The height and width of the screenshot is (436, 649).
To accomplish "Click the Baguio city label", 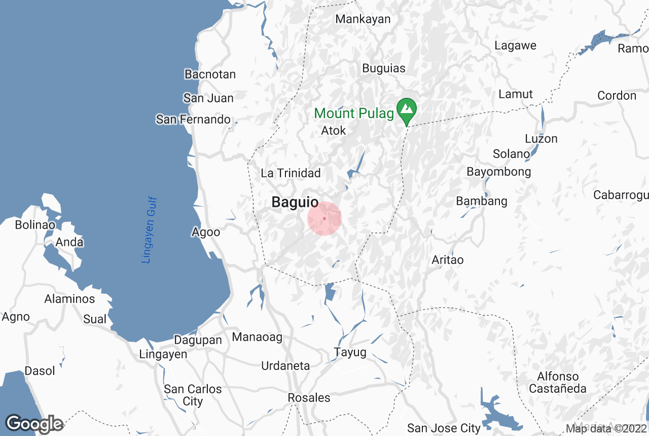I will [295, 202].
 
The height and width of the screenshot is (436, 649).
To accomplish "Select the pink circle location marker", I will [324, 219].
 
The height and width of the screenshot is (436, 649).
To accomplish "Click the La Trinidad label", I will [291, 173].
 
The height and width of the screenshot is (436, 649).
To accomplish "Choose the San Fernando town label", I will [193, 120].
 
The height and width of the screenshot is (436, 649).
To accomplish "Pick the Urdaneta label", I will [285, 366].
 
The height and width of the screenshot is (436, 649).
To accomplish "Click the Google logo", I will [34, 424].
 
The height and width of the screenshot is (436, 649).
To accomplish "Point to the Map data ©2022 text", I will [605, 429].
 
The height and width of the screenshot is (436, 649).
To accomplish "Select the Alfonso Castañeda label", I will [558, 383].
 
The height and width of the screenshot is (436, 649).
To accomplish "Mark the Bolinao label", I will [35, 225].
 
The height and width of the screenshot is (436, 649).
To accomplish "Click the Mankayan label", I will [363, 19].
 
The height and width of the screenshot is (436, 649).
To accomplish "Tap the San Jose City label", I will [444, 428].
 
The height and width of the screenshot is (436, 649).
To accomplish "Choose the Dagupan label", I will [198, 340].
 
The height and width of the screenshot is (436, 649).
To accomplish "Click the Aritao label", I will [448, 260].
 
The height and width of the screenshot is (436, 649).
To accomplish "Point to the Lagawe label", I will [515, 46].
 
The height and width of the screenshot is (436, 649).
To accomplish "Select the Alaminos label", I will [69, 299].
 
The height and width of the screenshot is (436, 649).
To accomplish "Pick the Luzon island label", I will [541, 139].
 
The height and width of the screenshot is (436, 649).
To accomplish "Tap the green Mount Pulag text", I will [354, 113].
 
